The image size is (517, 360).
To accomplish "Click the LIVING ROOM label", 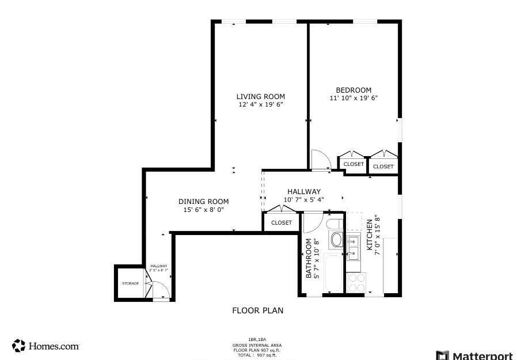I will coord(261,97).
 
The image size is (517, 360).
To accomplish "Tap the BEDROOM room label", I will coord(353,90).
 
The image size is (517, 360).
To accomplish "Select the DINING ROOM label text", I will coord(203,202).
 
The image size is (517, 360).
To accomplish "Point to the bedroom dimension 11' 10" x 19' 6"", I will coord(353,98).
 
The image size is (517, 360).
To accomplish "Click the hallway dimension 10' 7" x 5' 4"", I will coord(303,200).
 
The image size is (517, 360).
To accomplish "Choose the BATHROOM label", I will coord(309,259).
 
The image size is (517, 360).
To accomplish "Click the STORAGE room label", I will coord(130,283).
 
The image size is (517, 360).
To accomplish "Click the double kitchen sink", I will coord(353,246).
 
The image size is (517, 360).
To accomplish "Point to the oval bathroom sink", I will coord(335,239).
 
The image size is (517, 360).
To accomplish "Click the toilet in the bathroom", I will coord(334,223).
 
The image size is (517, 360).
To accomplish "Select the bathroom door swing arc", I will coord(313,222).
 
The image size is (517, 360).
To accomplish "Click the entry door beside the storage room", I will coord(161,290).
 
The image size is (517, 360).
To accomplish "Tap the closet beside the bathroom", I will coord(281,222).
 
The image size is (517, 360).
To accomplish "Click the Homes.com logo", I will coord(46,346).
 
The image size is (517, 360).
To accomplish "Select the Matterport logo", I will coord(474,354).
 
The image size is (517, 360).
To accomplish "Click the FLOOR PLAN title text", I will coord(257,310).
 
